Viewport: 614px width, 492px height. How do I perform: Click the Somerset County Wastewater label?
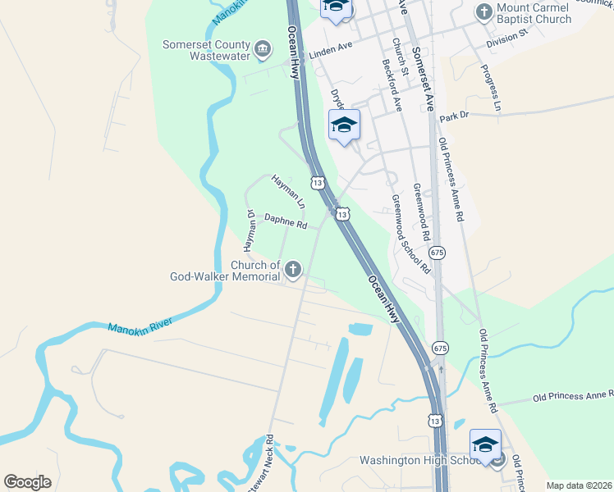click(206, 51)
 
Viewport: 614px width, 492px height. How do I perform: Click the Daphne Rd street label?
click(286, 221)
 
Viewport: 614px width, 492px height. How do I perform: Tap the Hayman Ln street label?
click(288, 191)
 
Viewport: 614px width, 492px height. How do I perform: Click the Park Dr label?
click(453, 116)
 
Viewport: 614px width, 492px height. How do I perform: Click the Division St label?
click(506, 39)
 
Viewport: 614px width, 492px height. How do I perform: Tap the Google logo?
click(27, 481)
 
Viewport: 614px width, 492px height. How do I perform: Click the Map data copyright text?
click(578, 485)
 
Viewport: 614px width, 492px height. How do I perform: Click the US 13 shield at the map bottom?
click(433, 420)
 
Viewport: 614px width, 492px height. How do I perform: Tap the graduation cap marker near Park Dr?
click(344, 125)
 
